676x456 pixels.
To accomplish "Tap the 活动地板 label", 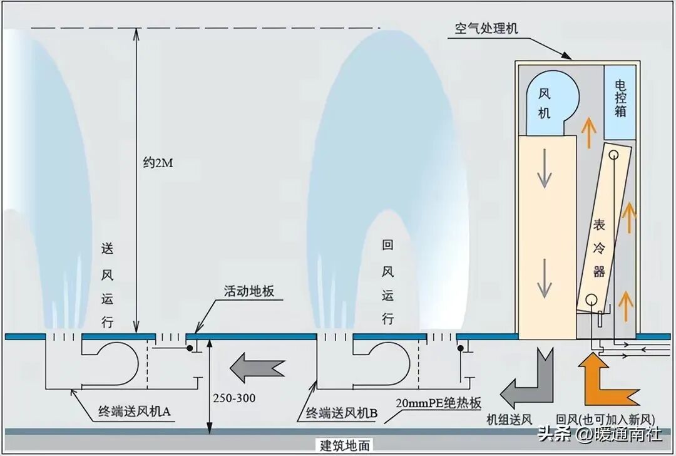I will (x=249, y=291).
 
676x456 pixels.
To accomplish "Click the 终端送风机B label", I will (x=341, y=412).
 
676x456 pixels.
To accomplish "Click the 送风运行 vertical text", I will (x=107, y=284).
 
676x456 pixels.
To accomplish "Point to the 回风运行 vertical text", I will (x=388, y=282).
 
